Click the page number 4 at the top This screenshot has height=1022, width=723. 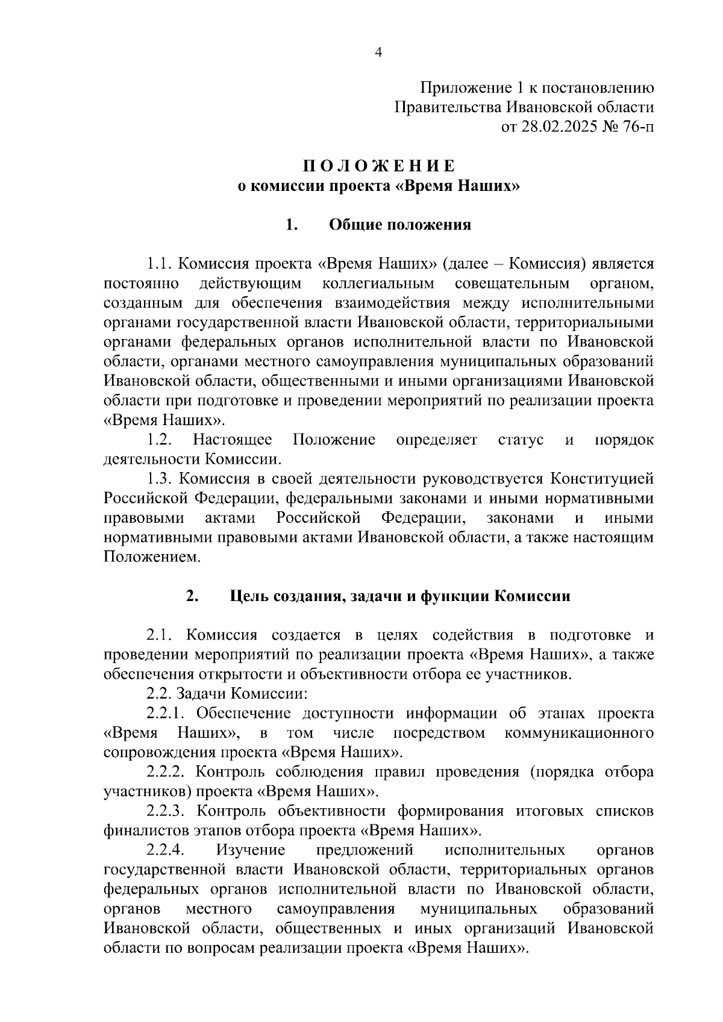(x=378, y=52)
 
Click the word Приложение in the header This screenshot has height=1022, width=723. (x=454, y=88)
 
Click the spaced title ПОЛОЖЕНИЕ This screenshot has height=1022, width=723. (x=378, y=166)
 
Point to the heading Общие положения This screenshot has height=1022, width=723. (x=400, y=225)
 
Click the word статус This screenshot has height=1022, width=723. (x=521, y=440)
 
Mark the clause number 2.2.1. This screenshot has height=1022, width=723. (x=166, y=714)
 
